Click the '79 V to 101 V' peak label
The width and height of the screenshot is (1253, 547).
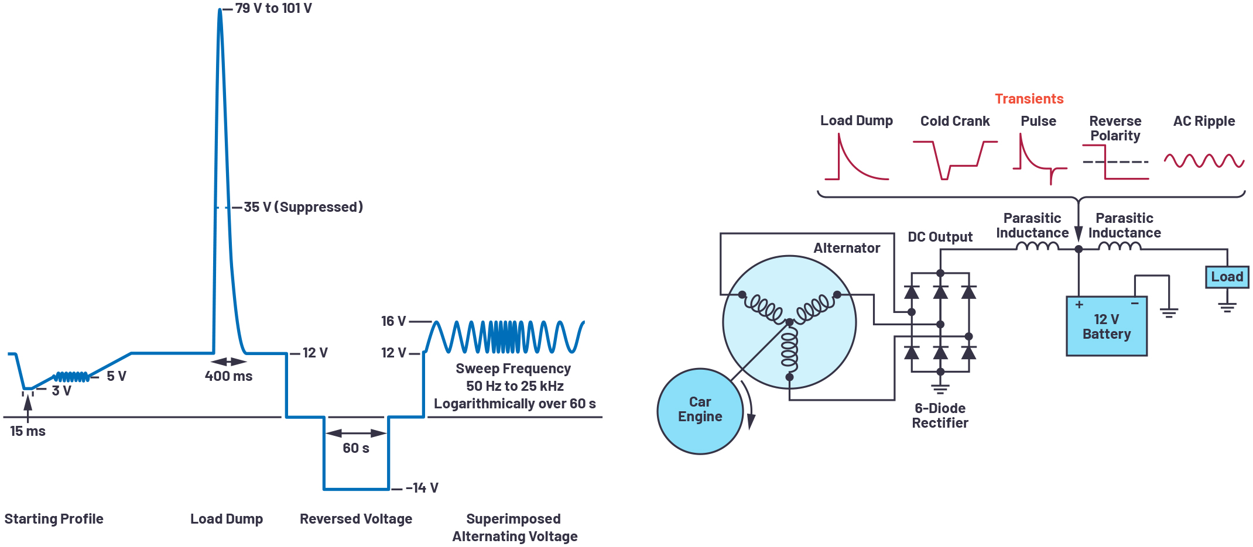coord(273,8)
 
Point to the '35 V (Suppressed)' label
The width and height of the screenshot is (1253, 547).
coord(303,207)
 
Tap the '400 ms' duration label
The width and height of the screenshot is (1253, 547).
coord(228,376)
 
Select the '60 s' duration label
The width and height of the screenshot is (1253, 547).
coord(356,448)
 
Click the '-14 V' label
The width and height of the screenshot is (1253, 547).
coord(422,488)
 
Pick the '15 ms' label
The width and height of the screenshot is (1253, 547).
coord(28,431)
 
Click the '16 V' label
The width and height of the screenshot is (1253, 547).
coord(393,321)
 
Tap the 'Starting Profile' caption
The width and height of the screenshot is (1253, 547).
coord(54,519)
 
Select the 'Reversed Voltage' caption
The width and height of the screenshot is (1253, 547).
coord(356,519)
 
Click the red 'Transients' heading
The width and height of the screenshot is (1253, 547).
coord(1029,99)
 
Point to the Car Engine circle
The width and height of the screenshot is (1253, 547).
coord(700,411)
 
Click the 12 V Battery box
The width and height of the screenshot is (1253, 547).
coord(1107,326)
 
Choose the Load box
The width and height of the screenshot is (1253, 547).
coord(1227,277)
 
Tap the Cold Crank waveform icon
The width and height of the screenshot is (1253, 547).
coord(955,160)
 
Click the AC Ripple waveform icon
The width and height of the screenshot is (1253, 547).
coord(1204,160)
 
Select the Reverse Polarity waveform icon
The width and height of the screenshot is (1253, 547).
coord(1115,162)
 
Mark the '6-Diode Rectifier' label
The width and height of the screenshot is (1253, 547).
coord(940,415)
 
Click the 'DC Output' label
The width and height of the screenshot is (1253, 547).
coord(940,237)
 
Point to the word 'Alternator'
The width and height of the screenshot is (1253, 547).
coord(847,248)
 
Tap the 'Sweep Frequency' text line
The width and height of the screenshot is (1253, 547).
coord(513,369)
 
